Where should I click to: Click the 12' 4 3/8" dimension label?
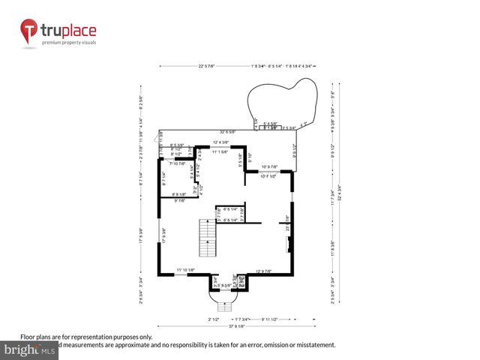tap(220, 142)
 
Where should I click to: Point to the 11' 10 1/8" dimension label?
tap(186, 270)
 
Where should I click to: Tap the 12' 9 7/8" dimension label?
tap(268, 271)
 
